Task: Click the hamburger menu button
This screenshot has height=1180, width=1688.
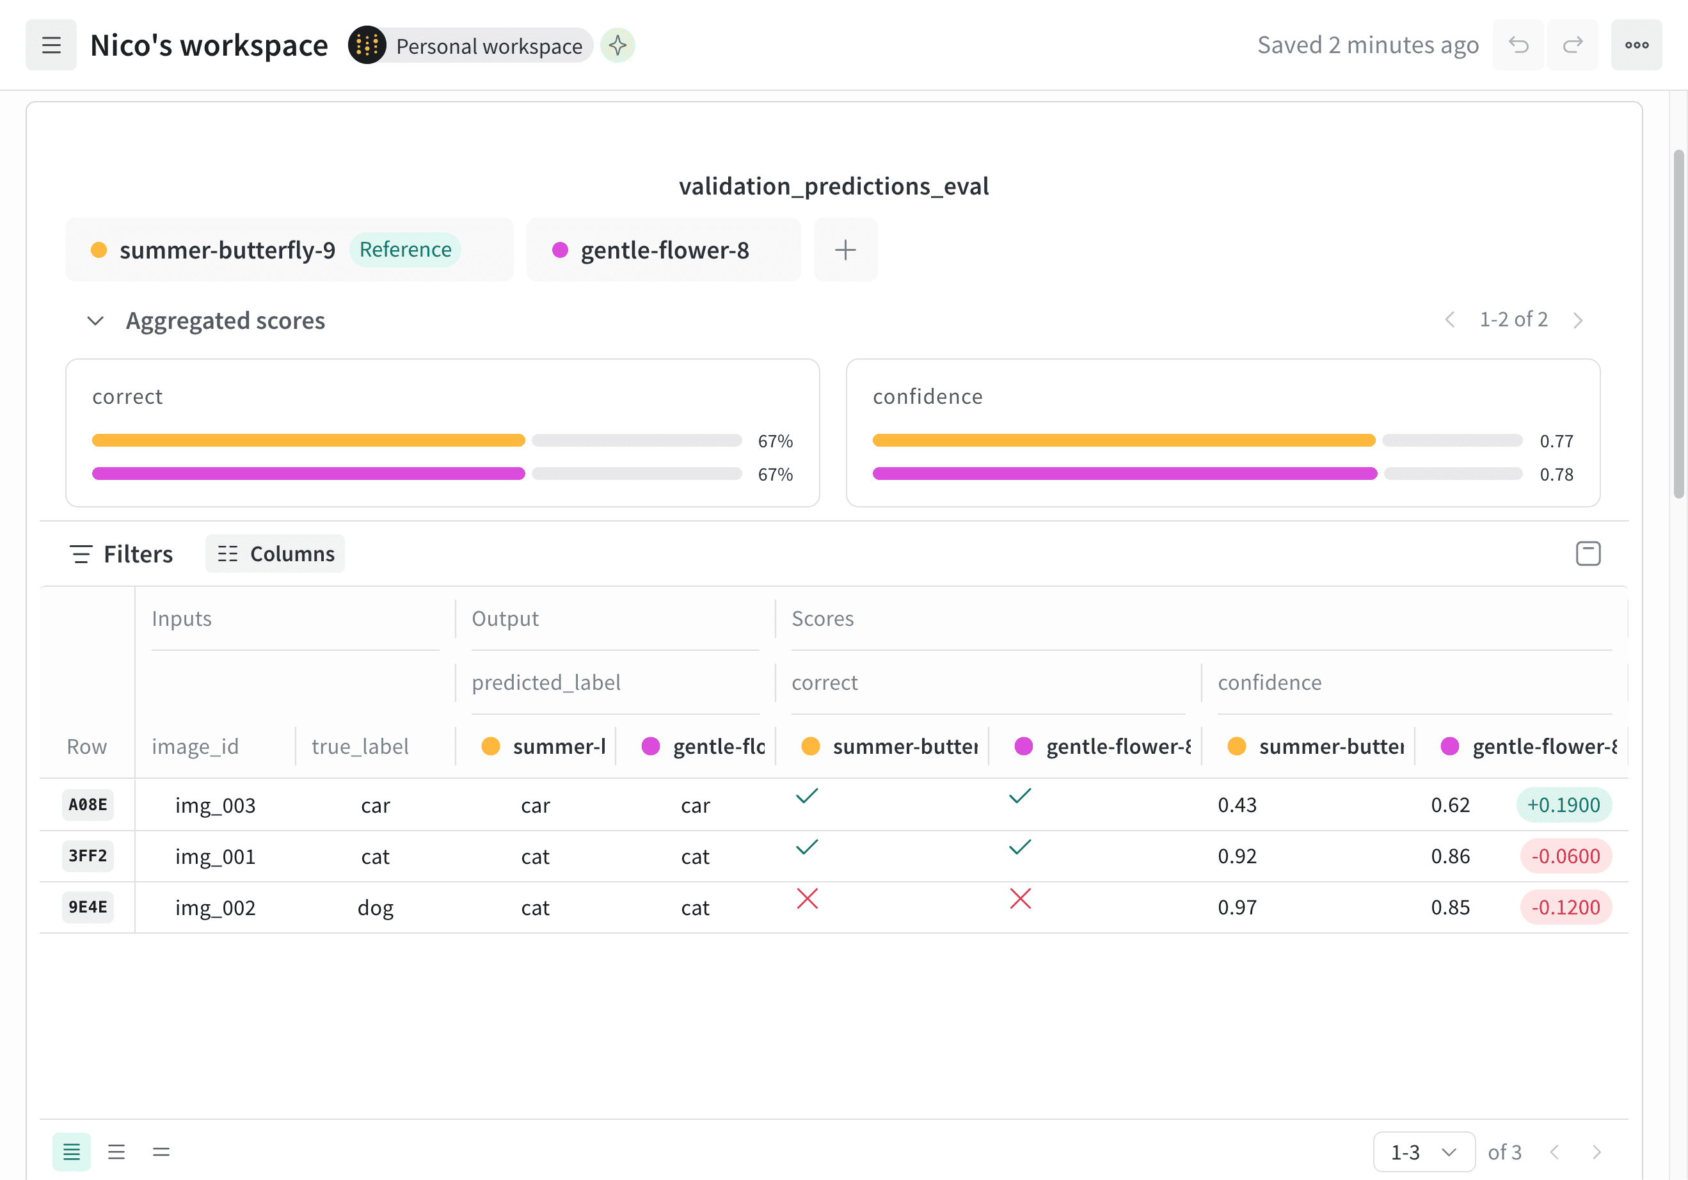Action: point(51,45)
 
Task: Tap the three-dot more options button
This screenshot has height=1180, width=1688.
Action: point(1637,45)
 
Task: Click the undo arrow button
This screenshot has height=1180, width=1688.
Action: point(1518,45)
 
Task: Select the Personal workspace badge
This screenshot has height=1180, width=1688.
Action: point(471,45)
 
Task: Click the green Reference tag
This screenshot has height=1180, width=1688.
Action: point(405,250)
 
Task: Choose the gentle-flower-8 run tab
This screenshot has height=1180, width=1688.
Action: point(663,250)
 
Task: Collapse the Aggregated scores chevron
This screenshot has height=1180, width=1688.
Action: point(95,321)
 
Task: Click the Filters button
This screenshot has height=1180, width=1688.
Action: point(122,554)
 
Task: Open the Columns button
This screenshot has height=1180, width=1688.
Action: point(275,554)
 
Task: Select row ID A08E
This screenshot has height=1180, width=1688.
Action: point(88,805)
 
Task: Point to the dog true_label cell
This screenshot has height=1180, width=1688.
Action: point(376,908)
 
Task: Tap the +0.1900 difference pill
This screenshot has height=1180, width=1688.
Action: point(1564,805)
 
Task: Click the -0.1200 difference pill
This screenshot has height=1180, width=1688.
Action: point(1566,908)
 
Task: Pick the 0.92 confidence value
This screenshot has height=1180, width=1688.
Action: point(1238,856)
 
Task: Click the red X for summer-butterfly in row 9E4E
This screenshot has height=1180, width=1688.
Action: point(808,898)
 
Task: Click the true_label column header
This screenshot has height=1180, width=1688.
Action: point(360,746)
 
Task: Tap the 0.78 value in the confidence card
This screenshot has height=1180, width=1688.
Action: point(1556,475)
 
